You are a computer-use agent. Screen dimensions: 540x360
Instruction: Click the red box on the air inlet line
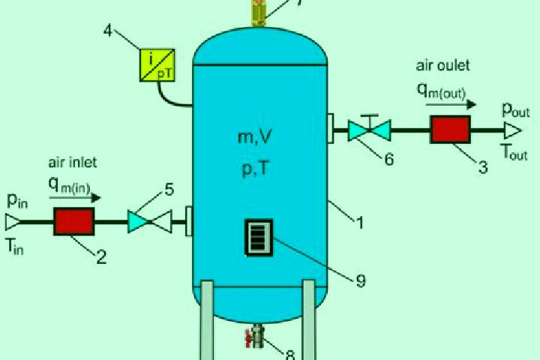click(74, 221)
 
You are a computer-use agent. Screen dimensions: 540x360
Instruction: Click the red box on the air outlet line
click(450, 130)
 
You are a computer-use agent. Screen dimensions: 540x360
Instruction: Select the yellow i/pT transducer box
click(157, 65)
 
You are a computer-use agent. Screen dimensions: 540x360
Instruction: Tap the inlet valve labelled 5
click(149, 221)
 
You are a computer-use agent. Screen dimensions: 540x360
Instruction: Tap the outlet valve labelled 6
click(369, 130)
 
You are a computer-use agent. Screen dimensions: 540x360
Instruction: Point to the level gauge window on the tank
click(259, 238)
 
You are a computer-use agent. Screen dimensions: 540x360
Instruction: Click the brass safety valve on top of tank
click(259, 13)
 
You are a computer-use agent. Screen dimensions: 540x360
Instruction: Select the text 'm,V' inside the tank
click(254, 137)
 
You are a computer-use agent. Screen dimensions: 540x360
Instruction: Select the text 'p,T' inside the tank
click(255, 169)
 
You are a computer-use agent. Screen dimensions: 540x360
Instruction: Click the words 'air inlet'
click(73, 162)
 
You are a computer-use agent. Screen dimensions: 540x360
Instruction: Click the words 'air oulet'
click(443, 65)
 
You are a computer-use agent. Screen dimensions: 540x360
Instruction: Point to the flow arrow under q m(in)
click(75, 198)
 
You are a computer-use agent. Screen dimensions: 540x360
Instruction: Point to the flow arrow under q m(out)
click(451, 104)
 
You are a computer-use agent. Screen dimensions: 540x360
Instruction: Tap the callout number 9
click(361, 281)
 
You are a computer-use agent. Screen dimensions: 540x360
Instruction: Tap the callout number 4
click(108, 31)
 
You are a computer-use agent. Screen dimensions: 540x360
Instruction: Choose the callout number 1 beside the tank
click(360, 223)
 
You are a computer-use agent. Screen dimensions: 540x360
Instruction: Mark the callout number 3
click(483, 167)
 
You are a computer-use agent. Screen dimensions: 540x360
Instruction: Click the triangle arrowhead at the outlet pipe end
click(513, 130)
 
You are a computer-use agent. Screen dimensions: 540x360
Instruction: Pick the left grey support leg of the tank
click(207, 320)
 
